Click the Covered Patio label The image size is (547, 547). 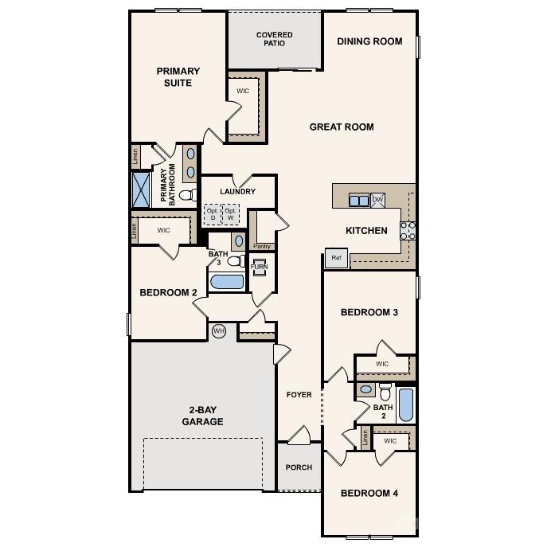click(274, 39)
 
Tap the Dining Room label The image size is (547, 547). click(369, 41)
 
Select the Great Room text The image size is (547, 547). click(342, 127)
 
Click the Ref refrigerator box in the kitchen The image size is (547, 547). click(336, 258)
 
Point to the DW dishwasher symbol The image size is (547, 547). click(378, 200)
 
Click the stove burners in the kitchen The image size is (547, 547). click(407, 230)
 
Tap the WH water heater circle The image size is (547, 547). click(219, 330)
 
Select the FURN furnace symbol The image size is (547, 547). click(260, 267)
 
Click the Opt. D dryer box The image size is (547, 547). click(212, 213)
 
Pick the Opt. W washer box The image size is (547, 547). click(231, 213)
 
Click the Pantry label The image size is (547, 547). click(262, 246)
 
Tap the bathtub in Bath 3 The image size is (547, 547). click(227, 281)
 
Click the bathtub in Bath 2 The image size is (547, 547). click(405, 404)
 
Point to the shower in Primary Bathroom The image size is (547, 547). click(142, 189)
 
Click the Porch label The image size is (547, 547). click(299, 467)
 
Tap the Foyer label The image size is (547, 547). click(299, 395)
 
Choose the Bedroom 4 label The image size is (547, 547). click(369, 494)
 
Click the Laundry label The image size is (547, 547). click(237, 191)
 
